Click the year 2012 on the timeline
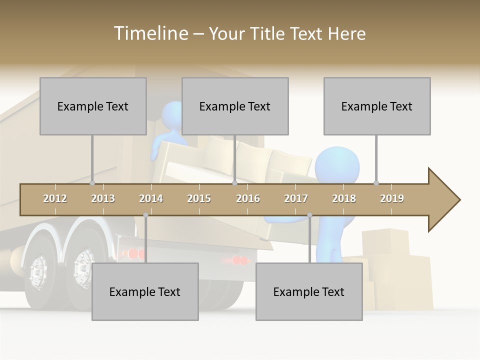coord(55,198)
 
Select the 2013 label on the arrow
coord(103,198)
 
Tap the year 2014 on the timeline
coord(151,198)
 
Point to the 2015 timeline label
coord(199,198)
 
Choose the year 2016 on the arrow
coord(248,198)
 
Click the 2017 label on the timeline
coord(296,198)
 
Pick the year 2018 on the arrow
coord(344,198)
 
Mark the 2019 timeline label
coord(392,198)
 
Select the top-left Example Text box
coord(93,106)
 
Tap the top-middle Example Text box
coord(235,106)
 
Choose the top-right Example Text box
coord(377,106)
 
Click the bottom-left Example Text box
coord(145,291)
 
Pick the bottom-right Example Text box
coord(309,291)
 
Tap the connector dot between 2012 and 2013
coord(92,183)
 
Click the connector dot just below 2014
coord(145,215)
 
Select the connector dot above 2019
coord(376,183)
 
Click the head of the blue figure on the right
coord(337,167)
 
